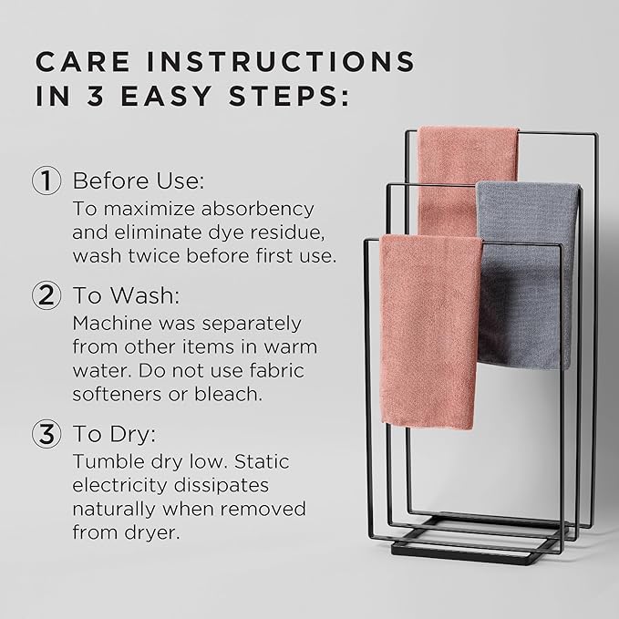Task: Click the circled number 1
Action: pos(47,180)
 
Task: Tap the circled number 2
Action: pos(47,295)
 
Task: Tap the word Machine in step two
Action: pos(108,324)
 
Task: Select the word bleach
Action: pos(237,395)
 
